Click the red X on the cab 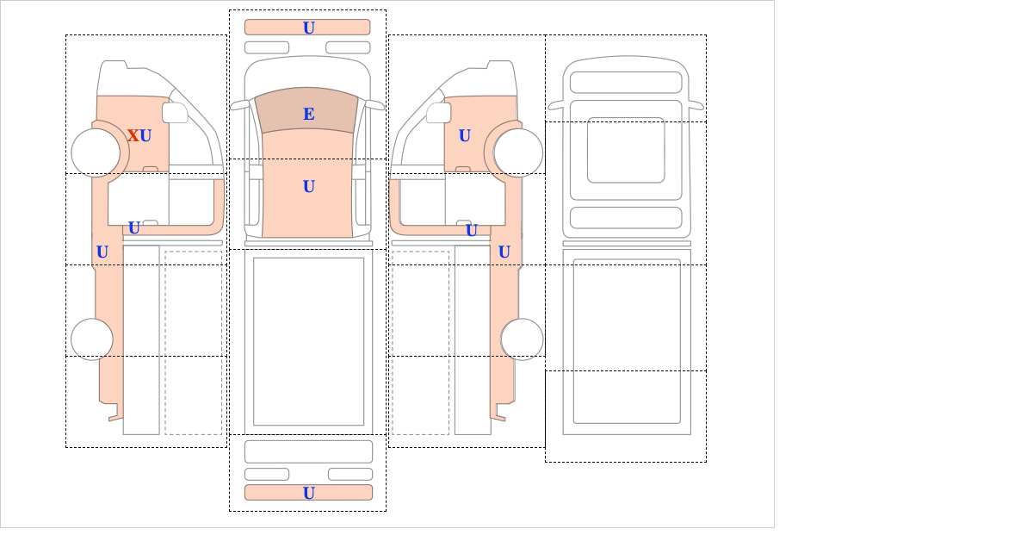[133, 136]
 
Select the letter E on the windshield [309, 114]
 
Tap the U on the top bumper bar [309, 28]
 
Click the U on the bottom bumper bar [309, 493]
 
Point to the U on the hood [309, 186]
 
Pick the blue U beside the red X [145, 136]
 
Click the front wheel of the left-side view [96, 152]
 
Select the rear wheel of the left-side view [92, 339]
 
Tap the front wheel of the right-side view [518, 152]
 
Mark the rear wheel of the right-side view [522, 339]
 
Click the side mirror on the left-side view [175, 113]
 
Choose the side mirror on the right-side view [438, 113]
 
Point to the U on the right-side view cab [465, 136]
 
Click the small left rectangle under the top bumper [267, 47]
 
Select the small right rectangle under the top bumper [348, 47]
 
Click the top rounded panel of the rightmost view [626, 83]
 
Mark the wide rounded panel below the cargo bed [308, 452]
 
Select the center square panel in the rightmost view [626, 150]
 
